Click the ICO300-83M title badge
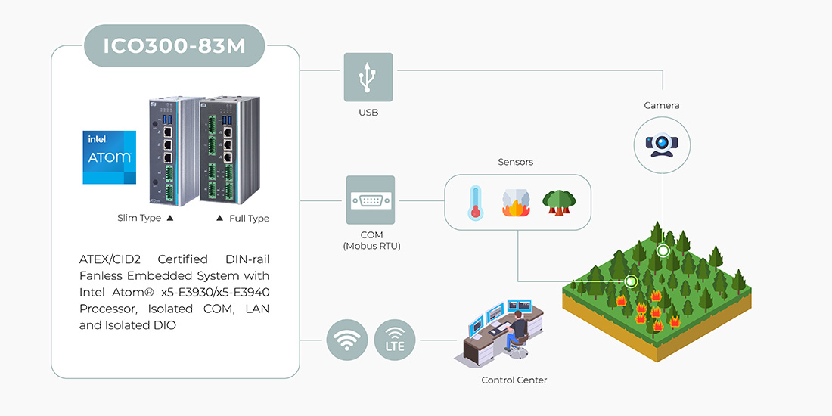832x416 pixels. pyautogui.click(x=175, y=46)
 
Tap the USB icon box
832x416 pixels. pyautogui.click(x=368, y=77)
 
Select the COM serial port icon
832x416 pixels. pyautogui.click(x=371, y=200)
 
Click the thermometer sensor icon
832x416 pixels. pyautogui.click(x=475, y=202)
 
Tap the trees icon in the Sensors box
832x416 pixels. pyautogui.click(x=559, y=202)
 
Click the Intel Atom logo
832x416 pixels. pyautogui.click(x=110, y=157)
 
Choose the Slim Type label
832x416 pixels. pyautogui.click(x=139, y=218)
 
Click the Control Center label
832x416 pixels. pyautogui.click(x=514, y=380)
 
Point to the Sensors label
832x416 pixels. pyautogui.click(x=516, y=162)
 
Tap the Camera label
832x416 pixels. pyautogui.click(x=662, y=105)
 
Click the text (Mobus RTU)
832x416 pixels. pyautogui.click(x=371, y=247)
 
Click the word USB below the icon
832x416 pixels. pyautogui.click(x=368, y=113)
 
